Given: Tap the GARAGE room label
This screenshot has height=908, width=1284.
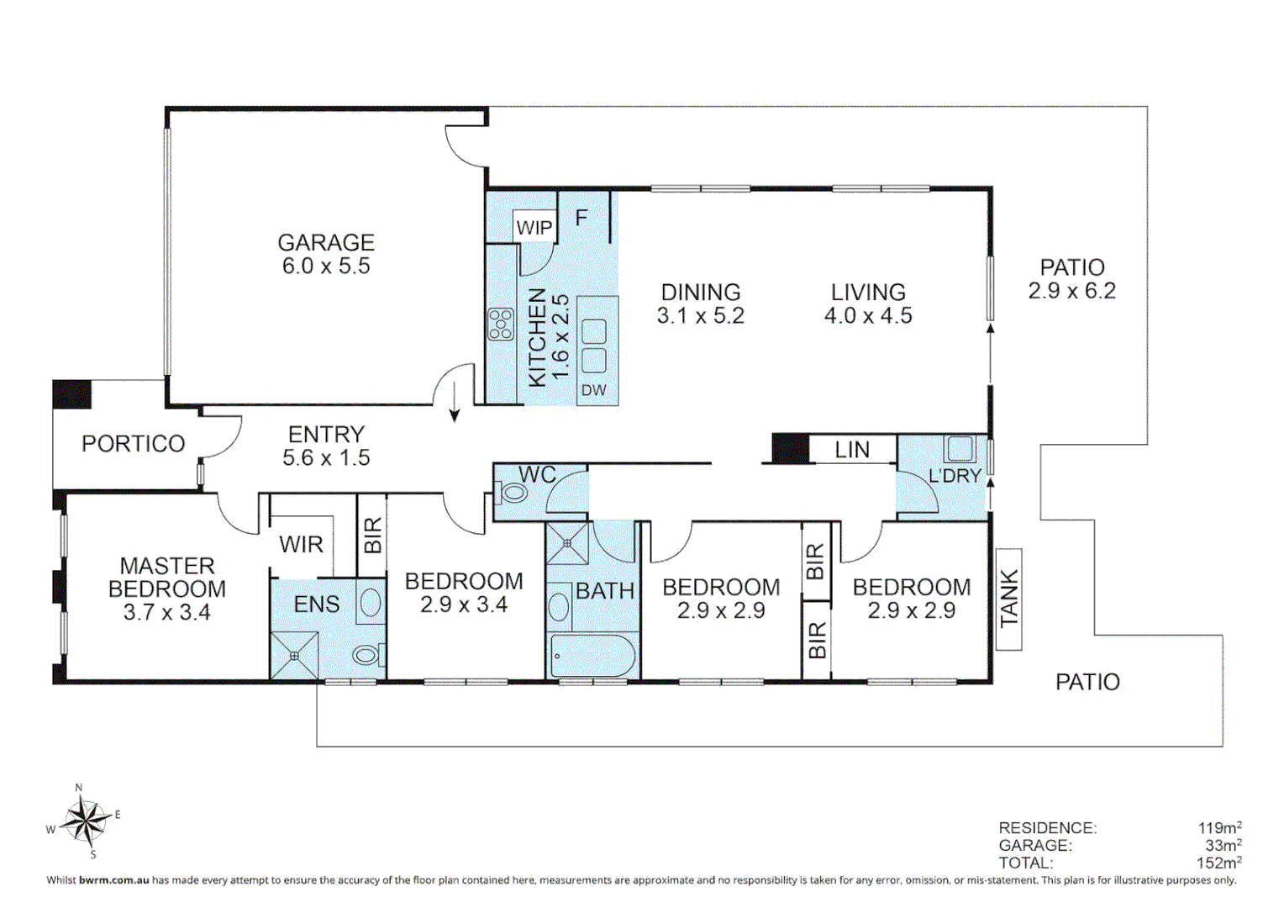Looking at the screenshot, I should [x=326, y=243].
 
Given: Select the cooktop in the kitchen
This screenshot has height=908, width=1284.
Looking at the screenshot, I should [x=501, y=325].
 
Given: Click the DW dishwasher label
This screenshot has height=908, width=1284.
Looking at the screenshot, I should [x=593, y=390].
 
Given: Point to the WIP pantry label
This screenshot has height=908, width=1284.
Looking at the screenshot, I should [x=534, y=228].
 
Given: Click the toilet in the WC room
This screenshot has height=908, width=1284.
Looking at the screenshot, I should [x=511, y=492].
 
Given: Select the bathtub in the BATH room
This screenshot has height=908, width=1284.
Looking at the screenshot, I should [x=592, y=656].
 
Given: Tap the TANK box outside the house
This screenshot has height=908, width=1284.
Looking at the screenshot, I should [x=1008, y=599].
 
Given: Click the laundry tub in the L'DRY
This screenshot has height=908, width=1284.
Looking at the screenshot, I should [x=960, y=449].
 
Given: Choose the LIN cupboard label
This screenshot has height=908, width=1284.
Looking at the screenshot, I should [x=852, y=451].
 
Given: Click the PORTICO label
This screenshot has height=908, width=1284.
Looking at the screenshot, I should [x=133, y=444].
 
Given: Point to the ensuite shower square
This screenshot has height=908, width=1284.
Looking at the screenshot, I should [x=294, y=656].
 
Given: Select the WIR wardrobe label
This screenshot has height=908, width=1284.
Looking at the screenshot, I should [x=301, y=545].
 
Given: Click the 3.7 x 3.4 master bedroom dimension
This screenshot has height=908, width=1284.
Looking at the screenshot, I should [x=166, y=613].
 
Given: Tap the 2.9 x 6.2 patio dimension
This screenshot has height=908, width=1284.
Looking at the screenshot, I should [x=1071, y=291].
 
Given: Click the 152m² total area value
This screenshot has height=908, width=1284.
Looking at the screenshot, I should [x=1218, y=863].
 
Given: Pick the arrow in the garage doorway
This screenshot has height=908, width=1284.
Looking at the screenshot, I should [x=455, y=402].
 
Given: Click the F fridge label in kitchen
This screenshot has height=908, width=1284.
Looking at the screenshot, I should [x=581, y=219].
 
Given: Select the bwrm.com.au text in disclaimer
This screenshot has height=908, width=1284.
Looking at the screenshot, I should [x=113, y=880].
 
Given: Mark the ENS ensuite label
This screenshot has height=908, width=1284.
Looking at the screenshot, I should [x=316, y=604].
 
